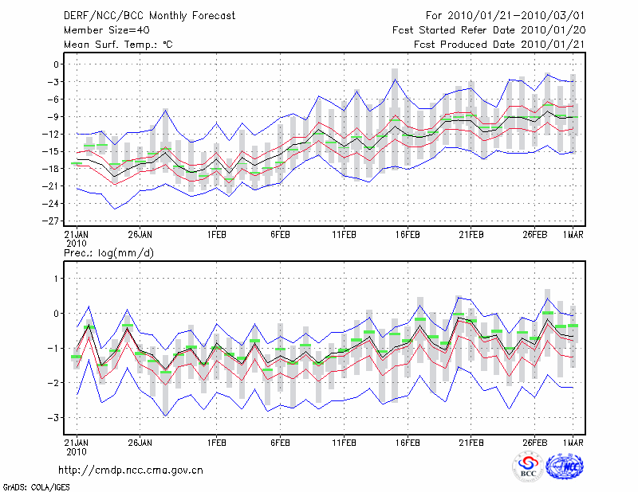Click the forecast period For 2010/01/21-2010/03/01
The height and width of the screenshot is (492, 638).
(x=511, y=15)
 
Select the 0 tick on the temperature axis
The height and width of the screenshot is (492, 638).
(x=57, y=64)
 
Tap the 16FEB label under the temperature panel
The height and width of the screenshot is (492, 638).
(x=408, y=236)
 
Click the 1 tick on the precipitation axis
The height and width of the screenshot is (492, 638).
(x=57, y=278)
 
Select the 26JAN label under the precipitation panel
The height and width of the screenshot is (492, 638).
(x=140, y=442)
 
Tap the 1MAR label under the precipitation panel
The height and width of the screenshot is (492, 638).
(x=573, y=442)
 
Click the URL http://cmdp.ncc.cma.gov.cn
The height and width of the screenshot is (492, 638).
(x=131, y=470)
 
